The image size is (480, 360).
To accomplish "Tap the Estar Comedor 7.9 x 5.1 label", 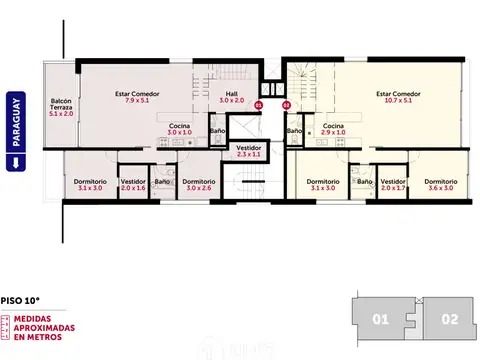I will point(137,97).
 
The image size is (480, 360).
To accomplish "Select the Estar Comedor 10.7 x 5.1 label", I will point(398,97).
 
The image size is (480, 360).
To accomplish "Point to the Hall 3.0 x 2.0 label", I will point(231,97).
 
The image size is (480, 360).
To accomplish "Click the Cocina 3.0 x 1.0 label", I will point(179,130).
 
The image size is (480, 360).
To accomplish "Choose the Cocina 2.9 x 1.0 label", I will point(333,130).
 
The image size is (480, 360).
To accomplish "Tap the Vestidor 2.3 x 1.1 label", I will point(249,152).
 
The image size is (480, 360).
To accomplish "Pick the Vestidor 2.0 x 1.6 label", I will point(133,184).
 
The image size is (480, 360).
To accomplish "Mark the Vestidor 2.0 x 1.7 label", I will point(393,184).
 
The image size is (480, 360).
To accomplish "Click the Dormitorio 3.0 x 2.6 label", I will point(199,184).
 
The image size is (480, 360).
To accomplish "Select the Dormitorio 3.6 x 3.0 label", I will point(440,184).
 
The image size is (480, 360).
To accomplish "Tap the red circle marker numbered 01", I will point(258,104).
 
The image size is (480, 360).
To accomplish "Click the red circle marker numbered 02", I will point(286,104).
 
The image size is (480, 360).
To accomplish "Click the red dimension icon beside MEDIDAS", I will point(9,328).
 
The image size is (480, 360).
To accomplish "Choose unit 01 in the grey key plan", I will point(380,321).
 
